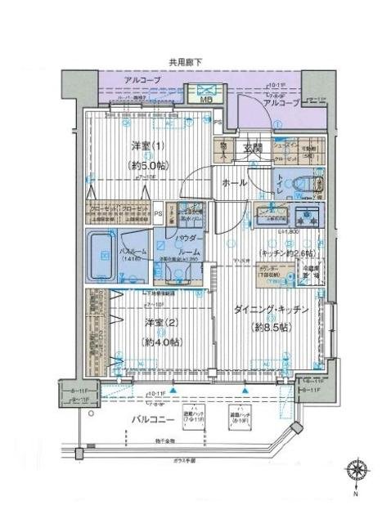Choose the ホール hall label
click(x=236, y=183)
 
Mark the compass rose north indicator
click(x=357, y=472)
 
